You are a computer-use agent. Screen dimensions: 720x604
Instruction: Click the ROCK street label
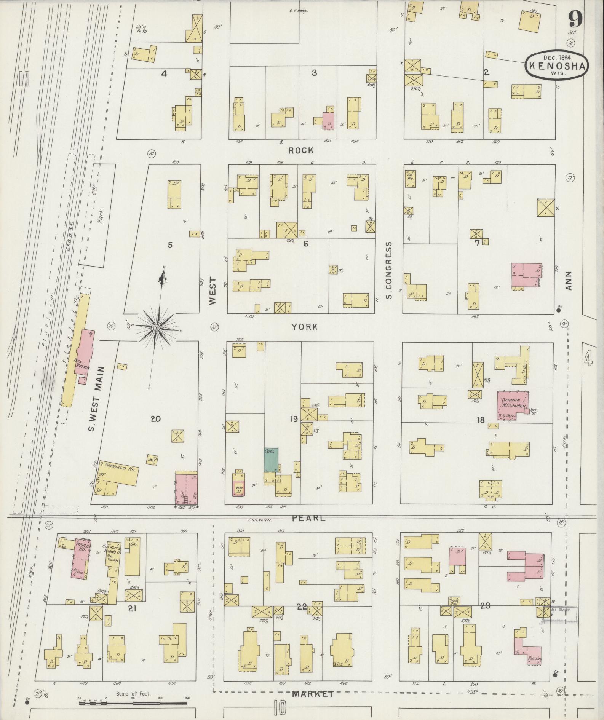[301, 150]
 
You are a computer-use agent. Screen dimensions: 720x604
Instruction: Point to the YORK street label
[304, 327]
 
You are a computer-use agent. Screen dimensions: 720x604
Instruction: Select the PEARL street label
[309, 518]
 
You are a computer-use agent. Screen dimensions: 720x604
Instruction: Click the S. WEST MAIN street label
[91, 398]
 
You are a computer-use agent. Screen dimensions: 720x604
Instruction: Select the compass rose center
[157, 327]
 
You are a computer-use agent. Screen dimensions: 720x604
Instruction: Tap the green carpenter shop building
[271, 460]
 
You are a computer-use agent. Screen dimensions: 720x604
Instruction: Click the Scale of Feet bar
[133, 703]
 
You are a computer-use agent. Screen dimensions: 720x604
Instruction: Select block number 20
[155, 419]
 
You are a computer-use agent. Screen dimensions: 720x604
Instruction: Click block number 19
[294, 419]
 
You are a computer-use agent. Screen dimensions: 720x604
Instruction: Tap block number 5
[170, 245]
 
